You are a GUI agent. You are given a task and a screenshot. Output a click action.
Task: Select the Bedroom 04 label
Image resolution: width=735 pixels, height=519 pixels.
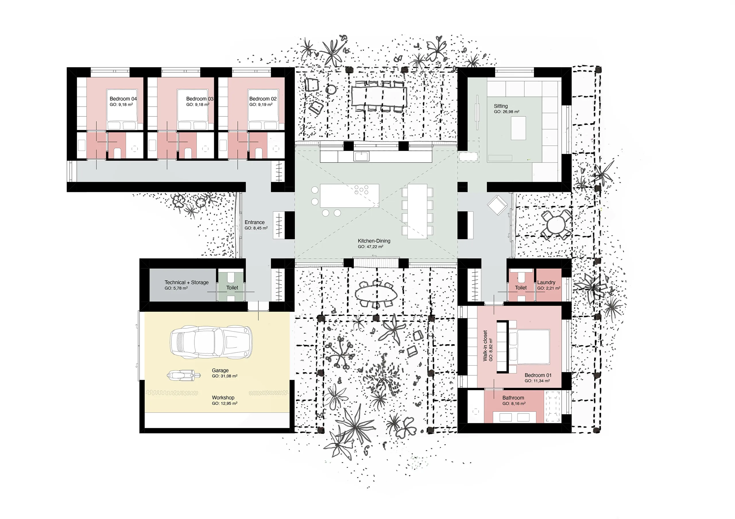123,99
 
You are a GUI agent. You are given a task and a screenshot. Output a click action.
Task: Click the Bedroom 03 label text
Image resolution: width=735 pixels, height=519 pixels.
200,99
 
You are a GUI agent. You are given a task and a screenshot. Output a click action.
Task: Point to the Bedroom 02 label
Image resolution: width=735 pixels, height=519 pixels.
263,99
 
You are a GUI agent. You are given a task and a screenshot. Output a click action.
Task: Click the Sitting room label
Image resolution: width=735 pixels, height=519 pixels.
501,106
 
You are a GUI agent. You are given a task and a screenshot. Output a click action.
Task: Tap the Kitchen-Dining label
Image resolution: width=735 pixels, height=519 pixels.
374,241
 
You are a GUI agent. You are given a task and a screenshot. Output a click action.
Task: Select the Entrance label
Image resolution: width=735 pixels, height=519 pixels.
254,222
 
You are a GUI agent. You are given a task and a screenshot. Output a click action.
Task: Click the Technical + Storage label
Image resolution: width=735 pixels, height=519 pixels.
186,282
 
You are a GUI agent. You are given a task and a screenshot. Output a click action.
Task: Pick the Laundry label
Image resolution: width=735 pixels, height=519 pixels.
546,282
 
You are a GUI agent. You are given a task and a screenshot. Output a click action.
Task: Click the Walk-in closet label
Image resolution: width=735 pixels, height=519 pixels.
485,346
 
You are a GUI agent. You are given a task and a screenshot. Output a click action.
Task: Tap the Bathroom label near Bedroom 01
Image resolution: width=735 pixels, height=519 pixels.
513,398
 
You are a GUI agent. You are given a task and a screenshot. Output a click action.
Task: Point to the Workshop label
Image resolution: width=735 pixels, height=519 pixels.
223,397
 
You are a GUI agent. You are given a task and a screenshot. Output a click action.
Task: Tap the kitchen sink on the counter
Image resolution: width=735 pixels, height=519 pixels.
361,156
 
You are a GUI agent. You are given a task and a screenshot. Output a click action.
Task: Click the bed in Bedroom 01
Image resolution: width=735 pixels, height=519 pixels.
529,347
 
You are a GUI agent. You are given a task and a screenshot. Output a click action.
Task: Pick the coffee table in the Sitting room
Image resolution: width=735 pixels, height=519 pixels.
518,128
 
